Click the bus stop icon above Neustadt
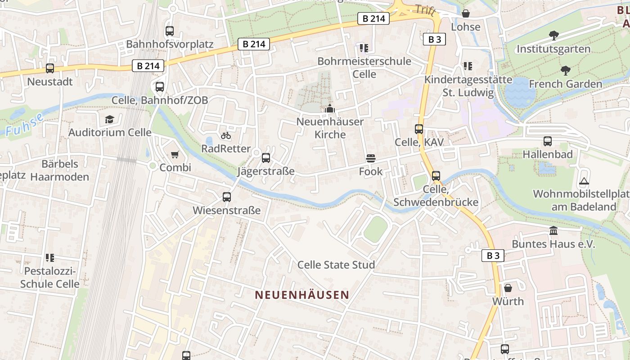pyautogui.click(x=50, y=68)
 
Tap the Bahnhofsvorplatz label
pyautogui.click(x=170, y=44)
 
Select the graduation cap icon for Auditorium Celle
pyautogui.click(x=109, y=119)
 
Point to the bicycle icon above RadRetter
pyautogui.click(x=226, y=135)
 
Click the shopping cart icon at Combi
pyautogui.click(x=175, y=154)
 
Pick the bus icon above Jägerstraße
pyautogui.click(x=266, y=158)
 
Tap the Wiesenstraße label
pyautogui.click(x=226, y=210)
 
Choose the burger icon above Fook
pyautogui.click(x=371, y=158)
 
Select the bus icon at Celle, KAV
pyautogui.click(x=419, y=129)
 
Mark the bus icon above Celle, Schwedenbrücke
pyautogui.click(x=436, y=176)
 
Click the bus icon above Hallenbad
pyautogui.click(x=548, y=141)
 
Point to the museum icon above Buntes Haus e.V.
pyautogui.click(x=553, y=231)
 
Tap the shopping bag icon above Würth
pyautogui.click(x=508, y=288)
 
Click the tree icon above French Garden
pyautogui.click(x=565, y=71)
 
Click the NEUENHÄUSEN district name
pyautogui.click(x=302, y=295)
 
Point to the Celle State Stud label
pyautogui.click(x=336, y=265)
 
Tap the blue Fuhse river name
pyautogui.click(x=25, y=125)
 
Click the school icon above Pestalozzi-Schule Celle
pyautogui.click(x=50, y=258)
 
